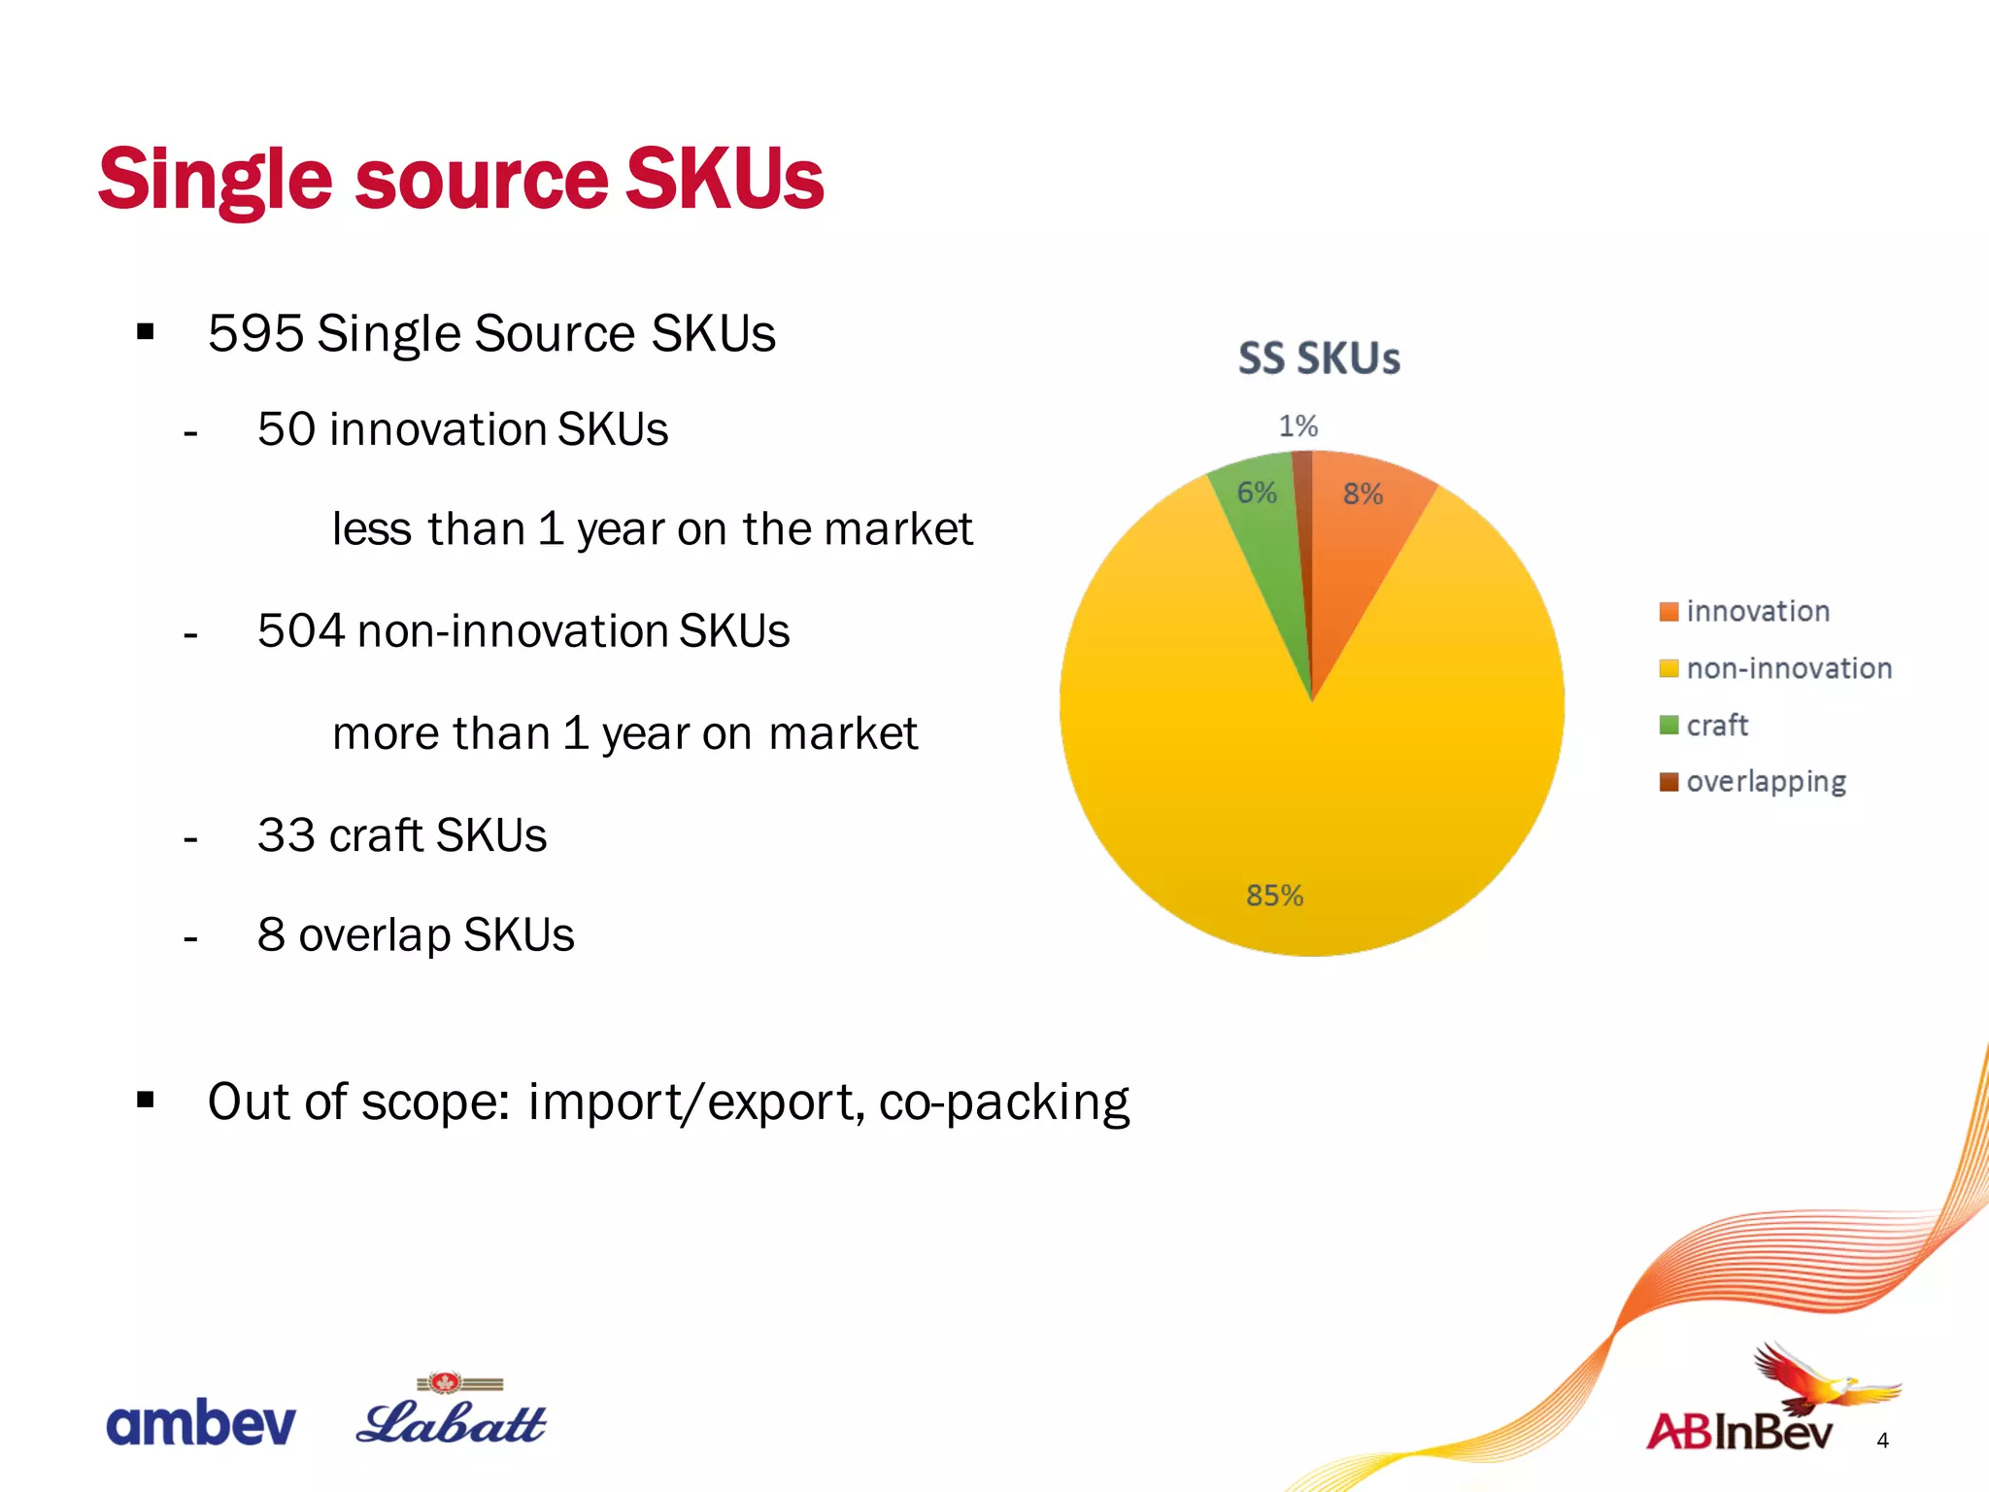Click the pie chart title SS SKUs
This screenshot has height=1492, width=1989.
[x=1319, y=358]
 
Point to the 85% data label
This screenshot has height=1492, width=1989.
[x=1274, y=895]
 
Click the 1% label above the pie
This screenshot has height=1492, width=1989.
[x=1298, y=425]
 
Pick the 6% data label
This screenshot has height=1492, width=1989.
[x=1256, y=492]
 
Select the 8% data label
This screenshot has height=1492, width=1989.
[x=1363, y=493]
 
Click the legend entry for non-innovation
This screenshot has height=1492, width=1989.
[x=1788, y=668]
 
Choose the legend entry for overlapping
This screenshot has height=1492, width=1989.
[x=1765, y=782]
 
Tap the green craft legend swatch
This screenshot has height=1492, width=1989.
[x=1669, y=725]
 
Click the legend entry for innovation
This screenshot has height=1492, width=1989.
[x=1757, y=611]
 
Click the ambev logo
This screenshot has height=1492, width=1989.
[x=200, y=1423]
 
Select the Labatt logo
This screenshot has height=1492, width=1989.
[x=452, y=1413]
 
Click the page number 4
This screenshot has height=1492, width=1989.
[x=1882, y=1441]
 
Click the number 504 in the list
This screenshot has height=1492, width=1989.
[x=301, y=630]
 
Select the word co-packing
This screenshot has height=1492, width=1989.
[x=1003, y=1103]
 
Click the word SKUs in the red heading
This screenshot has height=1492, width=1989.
[x=725, y=179]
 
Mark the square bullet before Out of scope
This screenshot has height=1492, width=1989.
[x=146, y=1100]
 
